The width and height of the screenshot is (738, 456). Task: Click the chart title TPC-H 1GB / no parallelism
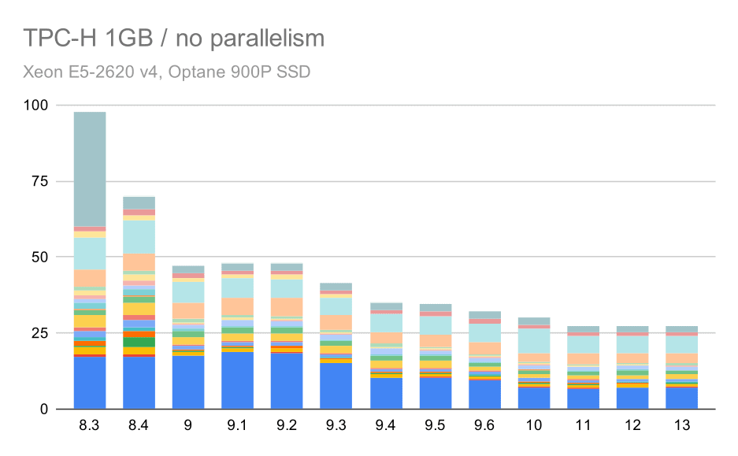coord(174,38)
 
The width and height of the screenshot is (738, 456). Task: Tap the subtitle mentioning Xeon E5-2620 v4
coord(167,72)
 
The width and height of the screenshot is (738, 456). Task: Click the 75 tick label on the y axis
coord(40,182)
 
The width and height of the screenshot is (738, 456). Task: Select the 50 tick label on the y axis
coord(40,258)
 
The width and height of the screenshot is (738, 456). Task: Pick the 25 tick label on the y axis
coord(40,334)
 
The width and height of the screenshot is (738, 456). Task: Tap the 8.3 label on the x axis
coord(89,426)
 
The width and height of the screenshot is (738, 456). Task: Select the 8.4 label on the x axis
coord(139,426)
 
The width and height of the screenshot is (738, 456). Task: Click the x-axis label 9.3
coord(336,426)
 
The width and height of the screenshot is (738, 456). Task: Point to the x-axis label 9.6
coord(484,426)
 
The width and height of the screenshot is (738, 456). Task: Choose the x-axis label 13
coord(682,426)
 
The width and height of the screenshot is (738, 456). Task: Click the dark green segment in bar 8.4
coord(139,342)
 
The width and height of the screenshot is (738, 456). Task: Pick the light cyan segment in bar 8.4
coord(139,236)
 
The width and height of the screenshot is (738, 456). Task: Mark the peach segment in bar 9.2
coord(287,306)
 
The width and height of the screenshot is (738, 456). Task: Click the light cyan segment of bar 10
coord(534,340)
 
